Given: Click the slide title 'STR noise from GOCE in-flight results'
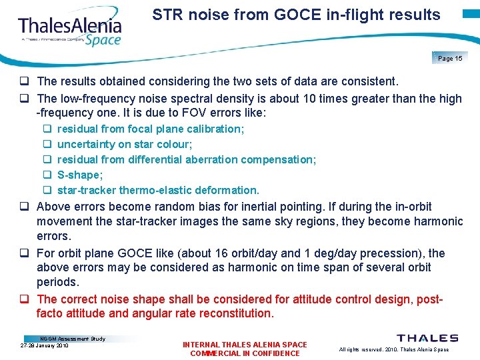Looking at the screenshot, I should pyautogui.click(x=296, y=15).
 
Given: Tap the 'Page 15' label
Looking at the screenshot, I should pyautogui.click(x=450, y=59).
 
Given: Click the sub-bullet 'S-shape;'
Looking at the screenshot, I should pyautogui.click(x=80, y=175).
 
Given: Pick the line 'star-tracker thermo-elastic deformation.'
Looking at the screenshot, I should pyautogui.click(x=158, y=190).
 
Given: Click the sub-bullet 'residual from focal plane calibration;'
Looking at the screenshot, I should pyautogui.click(x=151, y=129).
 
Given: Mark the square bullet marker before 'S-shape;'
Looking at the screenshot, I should pyautogui.click(x=48, y=175).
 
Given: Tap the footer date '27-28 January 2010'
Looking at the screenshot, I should pyautogui.click(x=45, y=345).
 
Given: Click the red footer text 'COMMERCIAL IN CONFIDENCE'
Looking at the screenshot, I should pyautogui.click(x=245, y=353).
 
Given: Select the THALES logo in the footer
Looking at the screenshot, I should pyautogui.click(x=427, y=339).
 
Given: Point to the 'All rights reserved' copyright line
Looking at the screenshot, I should pyautogui.click(x=393, y=349).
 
